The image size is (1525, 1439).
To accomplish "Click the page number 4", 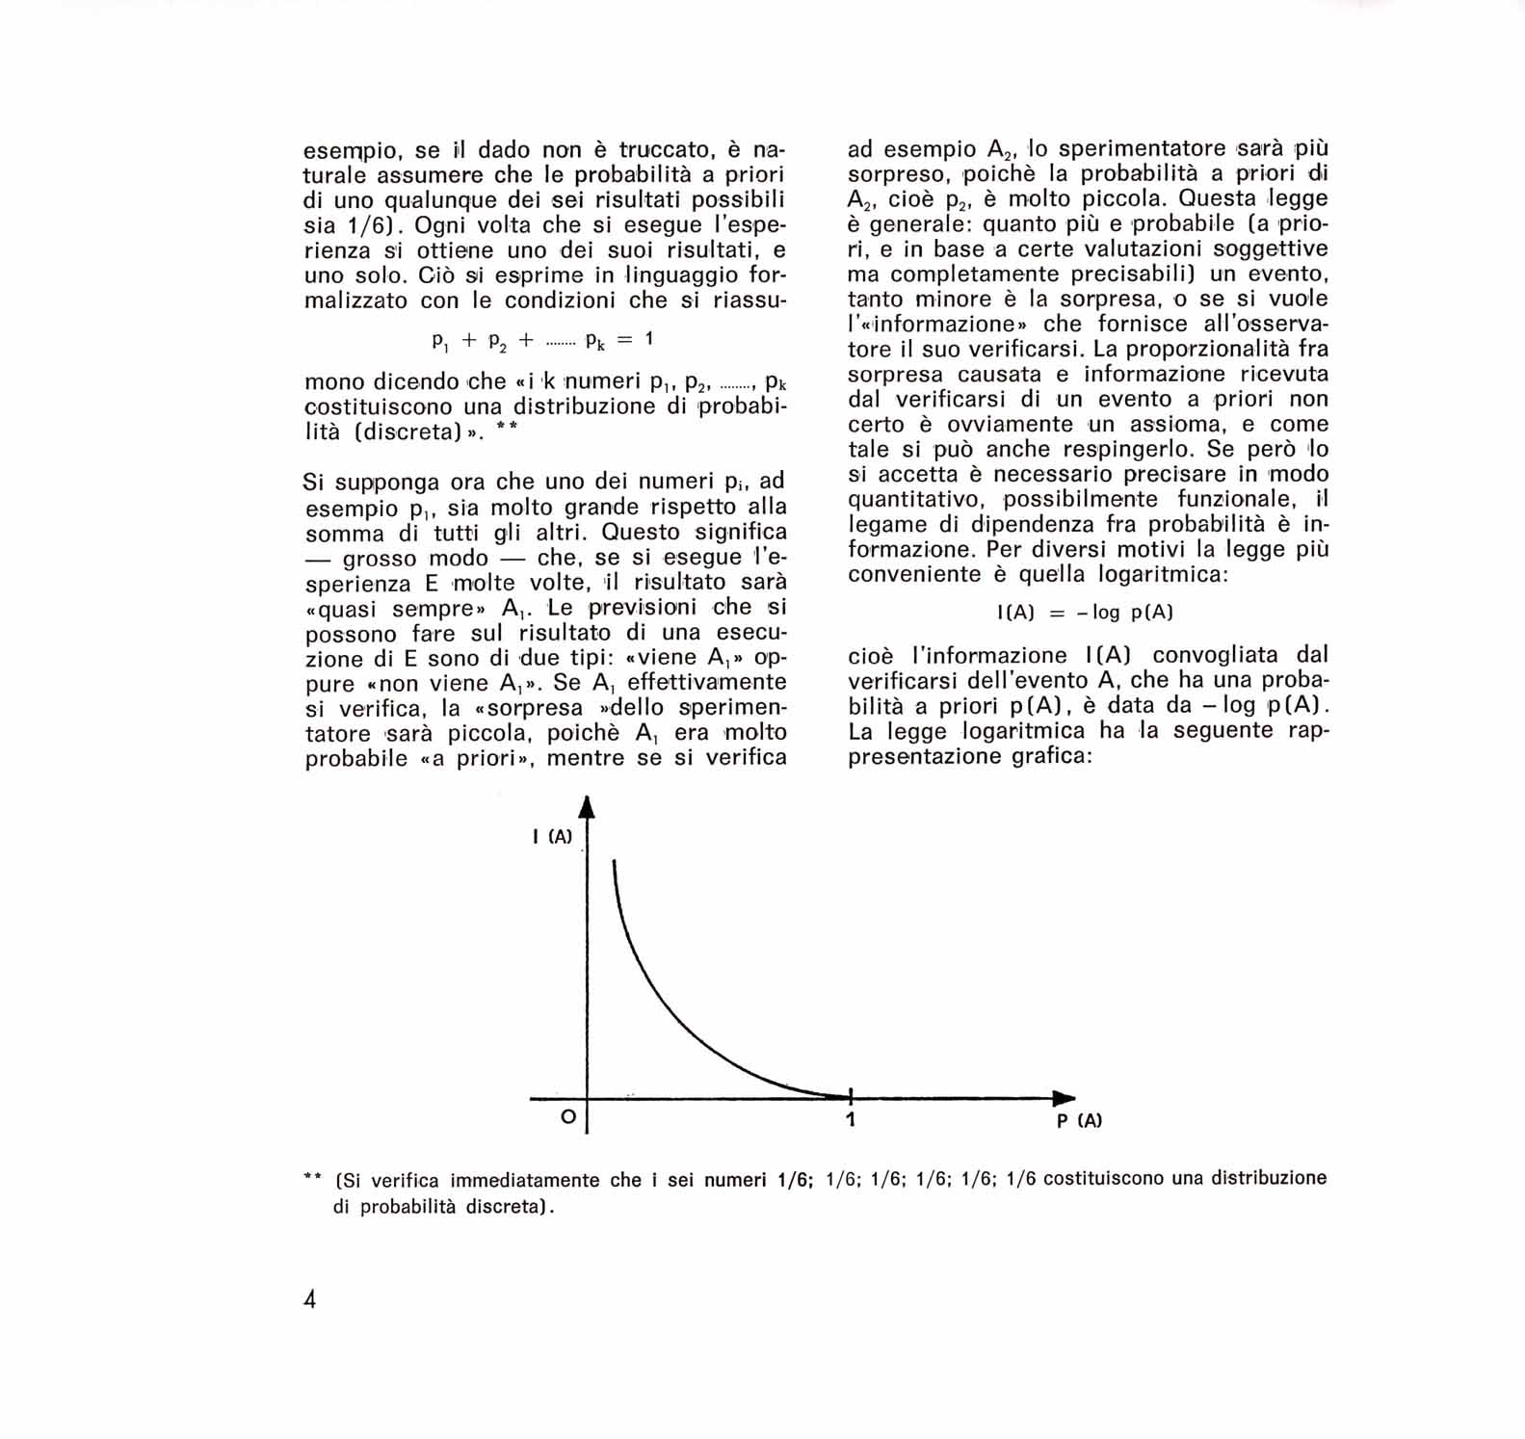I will click(x=310, y=1299).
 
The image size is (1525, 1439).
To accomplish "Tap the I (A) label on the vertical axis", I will click(x=552, y=836).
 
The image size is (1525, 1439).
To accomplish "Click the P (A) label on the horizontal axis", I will click(x=1079, y=1120).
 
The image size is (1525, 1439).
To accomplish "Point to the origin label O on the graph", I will click(x=568, y=1116).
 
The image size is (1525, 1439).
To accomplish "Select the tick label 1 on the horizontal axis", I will click(x=850, y=1119).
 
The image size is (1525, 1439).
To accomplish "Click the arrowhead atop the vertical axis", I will click(x=586, y=807).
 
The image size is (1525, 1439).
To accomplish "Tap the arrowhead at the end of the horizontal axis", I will click(x=1064, y=1098).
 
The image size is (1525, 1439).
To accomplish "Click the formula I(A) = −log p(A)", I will click(x=1085, y=613).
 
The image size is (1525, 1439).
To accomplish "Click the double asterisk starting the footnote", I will click(x=312, y=1177).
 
